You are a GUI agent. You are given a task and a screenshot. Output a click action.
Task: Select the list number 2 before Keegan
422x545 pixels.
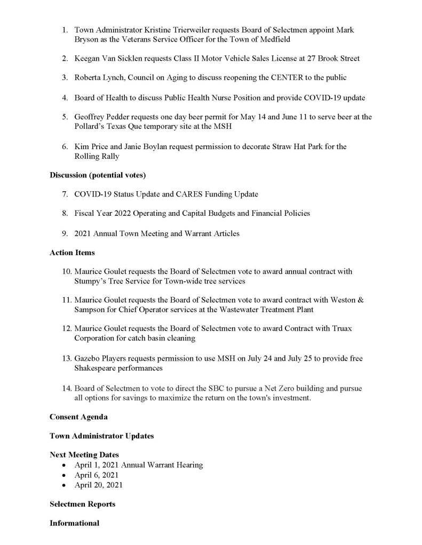click(64, 58)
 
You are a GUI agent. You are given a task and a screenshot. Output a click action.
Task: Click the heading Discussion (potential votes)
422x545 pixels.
click(98, 175)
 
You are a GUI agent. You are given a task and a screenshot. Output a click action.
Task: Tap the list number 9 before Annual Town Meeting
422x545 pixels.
click(64, 233)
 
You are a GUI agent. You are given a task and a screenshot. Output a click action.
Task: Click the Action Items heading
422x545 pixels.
click(72, 253)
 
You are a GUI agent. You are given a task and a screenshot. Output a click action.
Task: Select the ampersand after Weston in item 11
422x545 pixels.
click(361, 300)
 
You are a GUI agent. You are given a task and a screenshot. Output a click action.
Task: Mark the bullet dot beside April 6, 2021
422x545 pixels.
click(64, 475)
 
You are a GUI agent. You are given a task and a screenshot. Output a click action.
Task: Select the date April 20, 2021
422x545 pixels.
click(99, 485)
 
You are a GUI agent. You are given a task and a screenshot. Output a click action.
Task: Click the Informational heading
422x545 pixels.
click(74, 523)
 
